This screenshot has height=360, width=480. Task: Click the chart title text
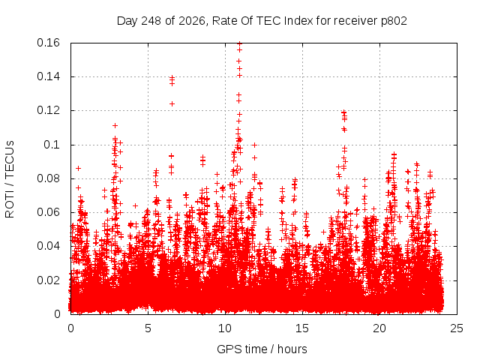click(x=262, y=21)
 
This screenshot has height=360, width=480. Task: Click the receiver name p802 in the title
click(x=394, y=22)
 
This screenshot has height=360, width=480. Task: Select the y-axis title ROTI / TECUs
click(x=10, y=179)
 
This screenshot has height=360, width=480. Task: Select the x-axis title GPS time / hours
click(x=262, y=349)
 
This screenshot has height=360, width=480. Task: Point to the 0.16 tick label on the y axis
click(x=48, y=43)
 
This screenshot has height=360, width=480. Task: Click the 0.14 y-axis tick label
click(x=48, y=76)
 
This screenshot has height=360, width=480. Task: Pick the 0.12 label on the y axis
click(x=48, y=110)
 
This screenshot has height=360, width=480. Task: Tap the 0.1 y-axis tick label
click(x=52, y=145)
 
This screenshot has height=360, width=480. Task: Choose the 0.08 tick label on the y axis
click(x=48, y=178)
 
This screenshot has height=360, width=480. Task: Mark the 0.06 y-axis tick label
click(x=48, y=212)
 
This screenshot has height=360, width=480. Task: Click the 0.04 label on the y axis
click(x=48, y=246)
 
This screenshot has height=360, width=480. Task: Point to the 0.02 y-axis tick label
click(x=48, y=280)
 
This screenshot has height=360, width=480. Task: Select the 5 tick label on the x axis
click(x=148, y=328)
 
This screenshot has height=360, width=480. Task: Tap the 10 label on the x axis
click(x=225, y=328)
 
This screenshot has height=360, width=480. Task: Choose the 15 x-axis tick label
click(x=302, y=328)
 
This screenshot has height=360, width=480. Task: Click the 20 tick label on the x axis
click(x=379, y=328)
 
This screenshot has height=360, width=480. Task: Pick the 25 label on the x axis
click(x=457, y=328)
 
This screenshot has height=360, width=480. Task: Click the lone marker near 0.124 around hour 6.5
click(x=172, y=104)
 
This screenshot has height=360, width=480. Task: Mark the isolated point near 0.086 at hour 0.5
click(x=78, y=168)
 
